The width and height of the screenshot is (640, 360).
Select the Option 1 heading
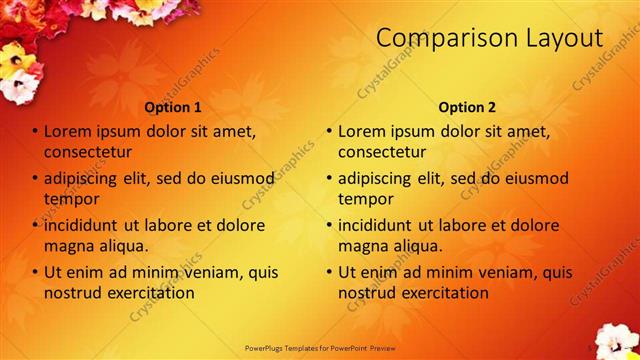click(x=173, y=107)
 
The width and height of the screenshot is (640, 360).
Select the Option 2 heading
click(x=467, y=107)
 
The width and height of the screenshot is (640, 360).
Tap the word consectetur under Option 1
click(x=88, y=152)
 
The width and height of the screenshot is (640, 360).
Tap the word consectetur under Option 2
click(x=382, y=152)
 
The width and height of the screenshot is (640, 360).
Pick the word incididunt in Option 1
click(x=87, y=226)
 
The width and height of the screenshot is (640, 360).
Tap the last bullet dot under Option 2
click(x=329, y=273)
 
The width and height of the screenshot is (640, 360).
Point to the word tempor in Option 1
click(x=69, y=198)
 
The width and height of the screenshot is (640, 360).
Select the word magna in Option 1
click(x=69, y=245)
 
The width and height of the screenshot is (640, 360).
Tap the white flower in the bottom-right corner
click(x=614, y=340)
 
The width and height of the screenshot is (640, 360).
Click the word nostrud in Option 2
click(x=364, y=293)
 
